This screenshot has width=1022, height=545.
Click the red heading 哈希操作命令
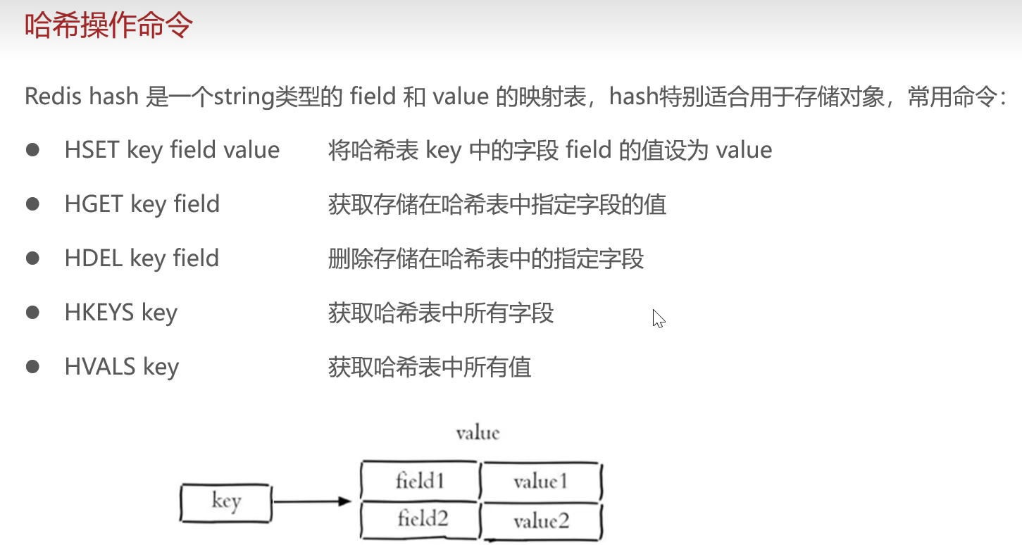click(x=108, y=27)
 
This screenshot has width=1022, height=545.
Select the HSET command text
click(x=93, y=150)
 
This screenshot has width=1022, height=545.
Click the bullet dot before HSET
click(x=32, y=150)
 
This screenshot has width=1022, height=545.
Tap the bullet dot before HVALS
click(x=32, y=366)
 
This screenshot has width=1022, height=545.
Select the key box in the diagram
click(x=225, y=502)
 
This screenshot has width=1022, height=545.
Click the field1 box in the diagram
click(x=420, y=482)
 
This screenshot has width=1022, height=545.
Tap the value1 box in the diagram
click(x=540, y=482)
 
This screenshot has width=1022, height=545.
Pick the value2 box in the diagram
click(x=541, y=521)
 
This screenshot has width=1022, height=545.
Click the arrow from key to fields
click(x=313, y=501)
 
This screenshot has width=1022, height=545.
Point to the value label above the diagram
click(x=478, y=432)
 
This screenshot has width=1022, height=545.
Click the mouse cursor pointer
click(x=658, y=318)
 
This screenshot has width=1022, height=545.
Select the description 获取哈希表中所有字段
click(x=441, y=313)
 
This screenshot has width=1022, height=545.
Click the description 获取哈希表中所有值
click(x=430, y=367)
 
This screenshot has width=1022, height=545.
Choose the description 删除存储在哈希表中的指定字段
click(x=486, y=258)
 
